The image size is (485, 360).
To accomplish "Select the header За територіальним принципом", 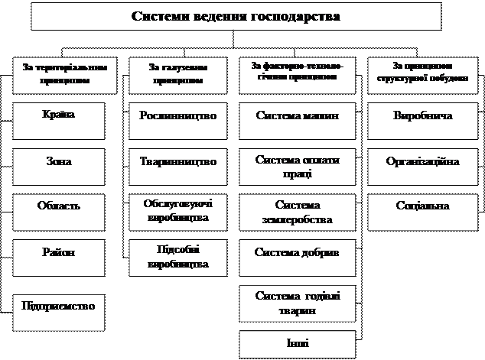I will [x=60, y=73].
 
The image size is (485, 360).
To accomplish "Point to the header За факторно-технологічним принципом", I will [x=298, y=73].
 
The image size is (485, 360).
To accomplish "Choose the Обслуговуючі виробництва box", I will [x=179, y=212].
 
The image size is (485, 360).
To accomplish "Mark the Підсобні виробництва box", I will [x=179, y=258].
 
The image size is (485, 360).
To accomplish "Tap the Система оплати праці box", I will [x=298, y=167].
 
